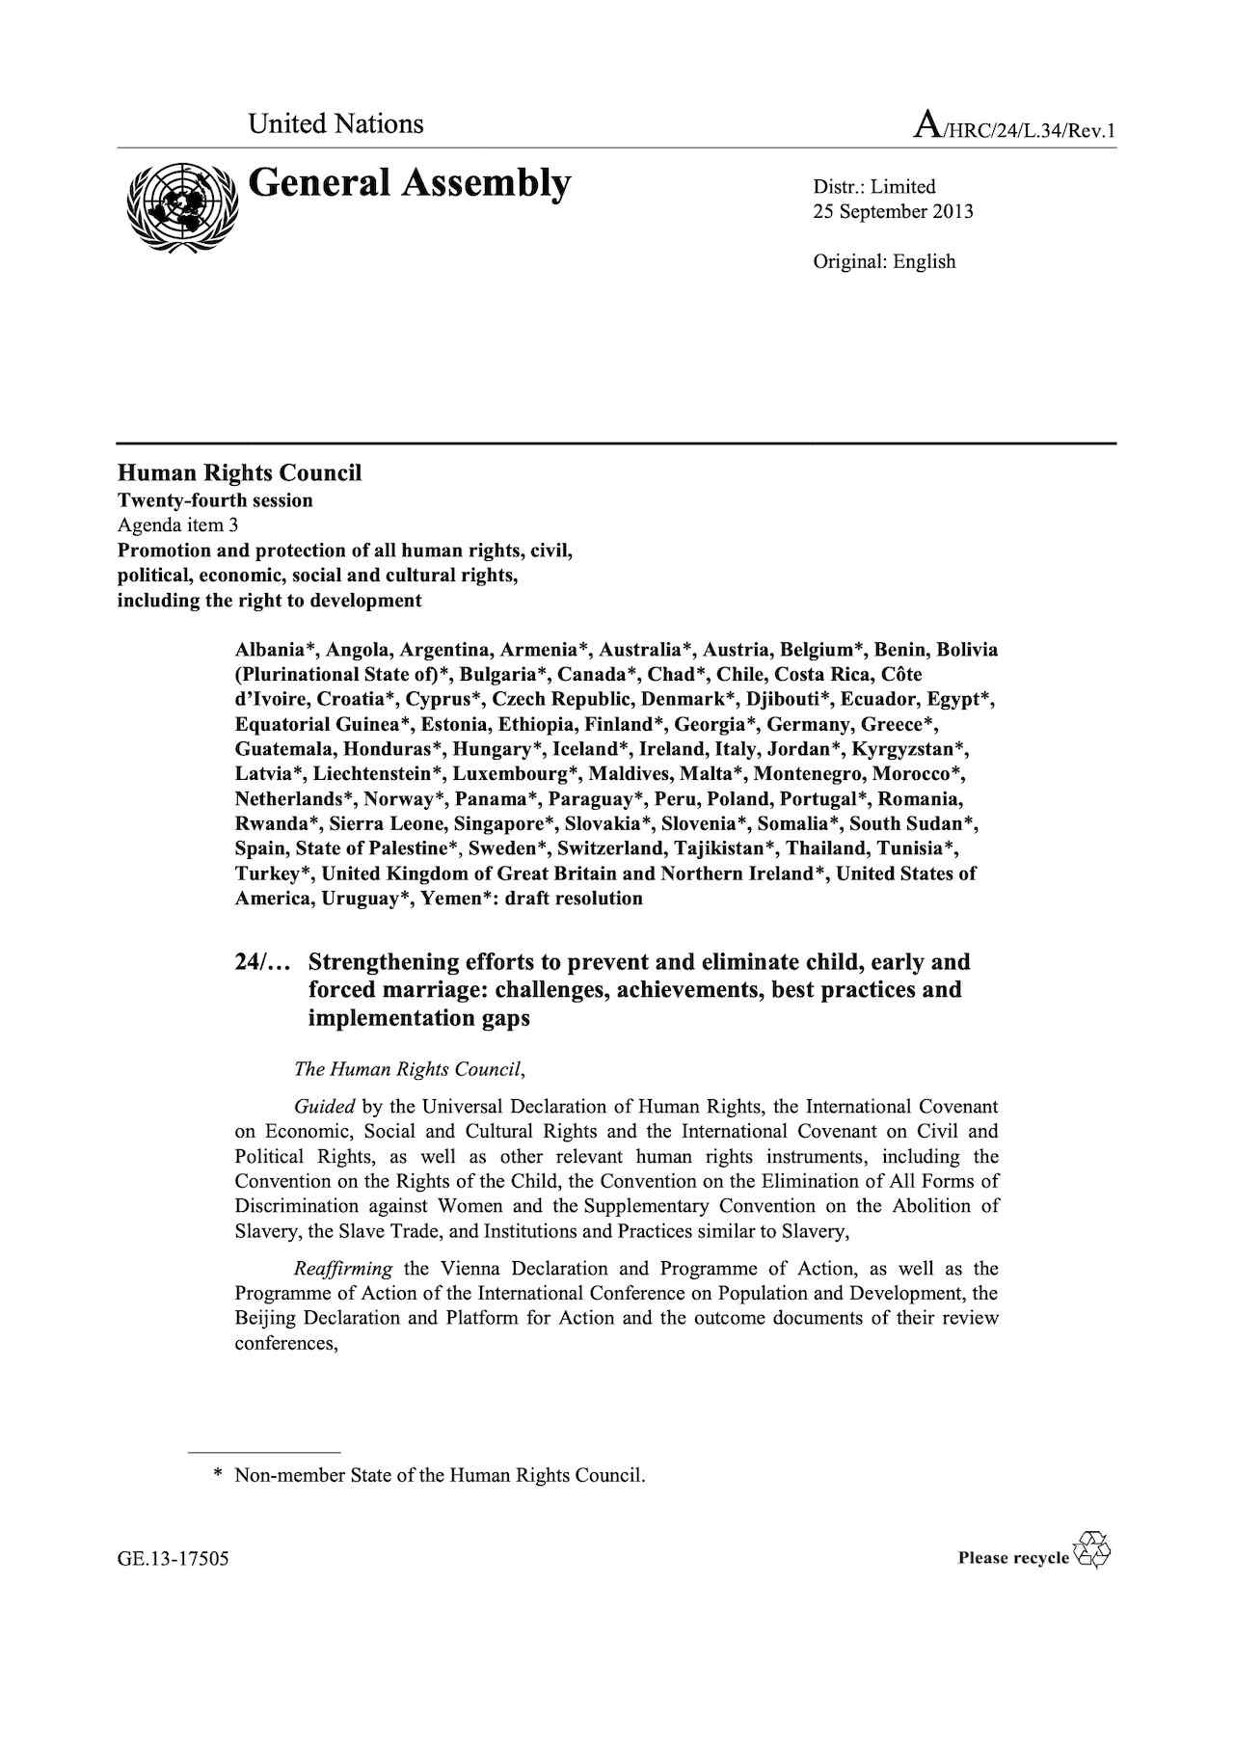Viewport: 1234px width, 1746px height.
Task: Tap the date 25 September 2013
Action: (893, 212)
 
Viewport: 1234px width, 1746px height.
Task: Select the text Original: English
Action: (884, 261)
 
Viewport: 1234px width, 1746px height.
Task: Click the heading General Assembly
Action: (410, 183)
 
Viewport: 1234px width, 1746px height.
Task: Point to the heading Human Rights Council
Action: (239, 472)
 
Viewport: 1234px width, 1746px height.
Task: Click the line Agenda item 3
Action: (177, 525)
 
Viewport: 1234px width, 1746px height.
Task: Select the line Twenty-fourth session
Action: (215, 500)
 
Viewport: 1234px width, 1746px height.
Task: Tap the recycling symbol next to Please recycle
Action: (1094, 1549)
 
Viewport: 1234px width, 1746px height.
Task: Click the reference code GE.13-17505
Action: (174, 1559)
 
